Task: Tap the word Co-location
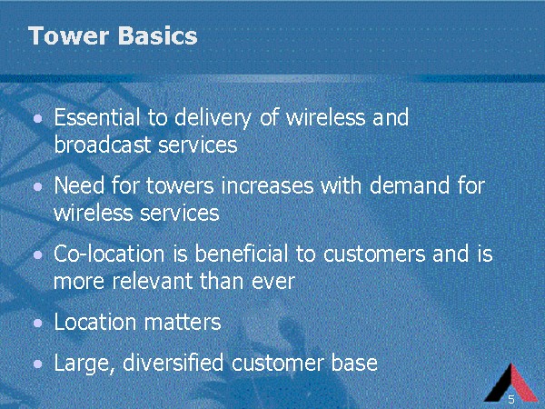point(108,254)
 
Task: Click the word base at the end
point(356,364)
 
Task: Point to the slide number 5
point(511,400)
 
